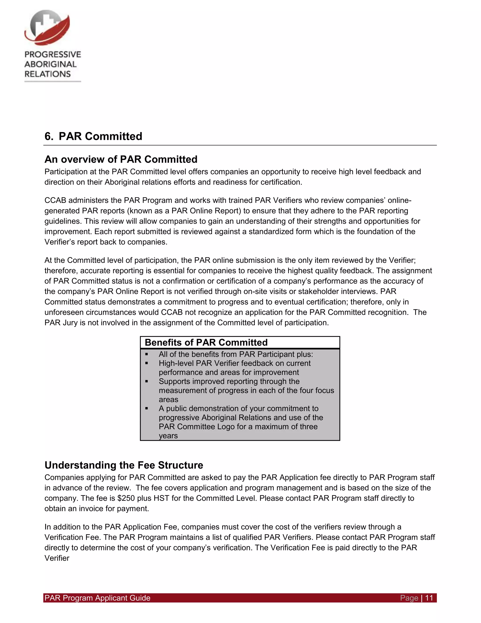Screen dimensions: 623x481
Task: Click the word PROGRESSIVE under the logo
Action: pos(53,55)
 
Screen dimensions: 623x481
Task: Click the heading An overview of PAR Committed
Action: pos(121,159)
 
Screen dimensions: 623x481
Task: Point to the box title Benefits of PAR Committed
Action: pos(206,342)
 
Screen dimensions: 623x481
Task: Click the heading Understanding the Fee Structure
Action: pos(124,465)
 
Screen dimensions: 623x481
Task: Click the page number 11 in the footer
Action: pos(429,598)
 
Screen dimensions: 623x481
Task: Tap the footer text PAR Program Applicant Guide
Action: pos(97,598)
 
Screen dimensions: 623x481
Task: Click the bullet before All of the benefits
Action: pos(147,354)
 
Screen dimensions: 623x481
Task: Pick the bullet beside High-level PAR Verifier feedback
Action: pos(147,363)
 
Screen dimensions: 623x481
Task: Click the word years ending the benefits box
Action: pos(168,436)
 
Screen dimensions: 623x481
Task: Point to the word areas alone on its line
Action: pos(168,399)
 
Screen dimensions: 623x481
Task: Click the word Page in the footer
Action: pos(409,598)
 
